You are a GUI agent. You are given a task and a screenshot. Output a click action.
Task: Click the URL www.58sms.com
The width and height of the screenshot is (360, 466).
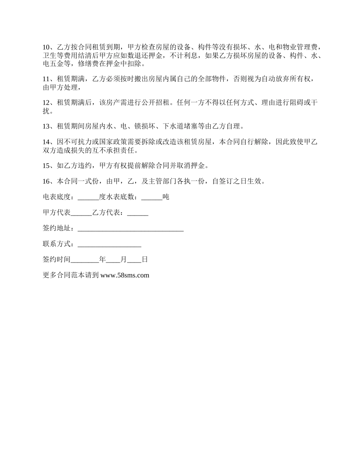125,275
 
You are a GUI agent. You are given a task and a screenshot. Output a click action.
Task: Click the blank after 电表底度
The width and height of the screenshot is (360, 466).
88,197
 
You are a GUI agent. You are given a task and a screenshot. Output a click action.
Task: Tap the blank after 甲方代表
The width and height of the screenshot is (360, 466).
81,213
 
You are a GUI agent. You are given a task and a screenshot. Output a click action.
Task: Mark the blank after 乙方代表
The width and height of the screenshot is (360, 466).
138,213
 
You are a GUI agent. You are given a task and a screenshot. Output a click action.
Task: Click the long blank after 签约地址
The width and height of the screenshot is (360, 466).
131,229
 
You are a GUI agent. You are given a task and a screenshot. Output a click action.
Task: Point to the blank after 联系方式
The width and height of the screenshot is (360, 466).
110,245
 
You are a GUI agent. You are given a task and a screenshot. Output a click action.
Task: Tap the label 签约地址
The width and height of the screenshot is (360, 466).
57,229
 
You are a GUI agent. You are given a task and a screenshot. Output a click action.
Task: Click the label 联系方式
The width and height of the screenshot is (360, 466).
57,245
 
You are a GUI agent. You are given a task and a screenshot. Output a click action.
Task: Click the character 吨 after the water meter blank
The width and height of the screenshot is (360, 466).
166,197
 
